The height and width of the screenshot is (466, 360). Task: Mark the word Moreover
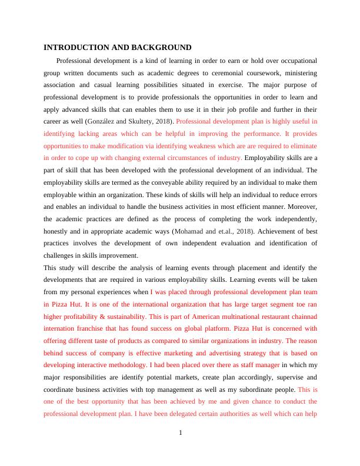[x=299, y=207]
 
